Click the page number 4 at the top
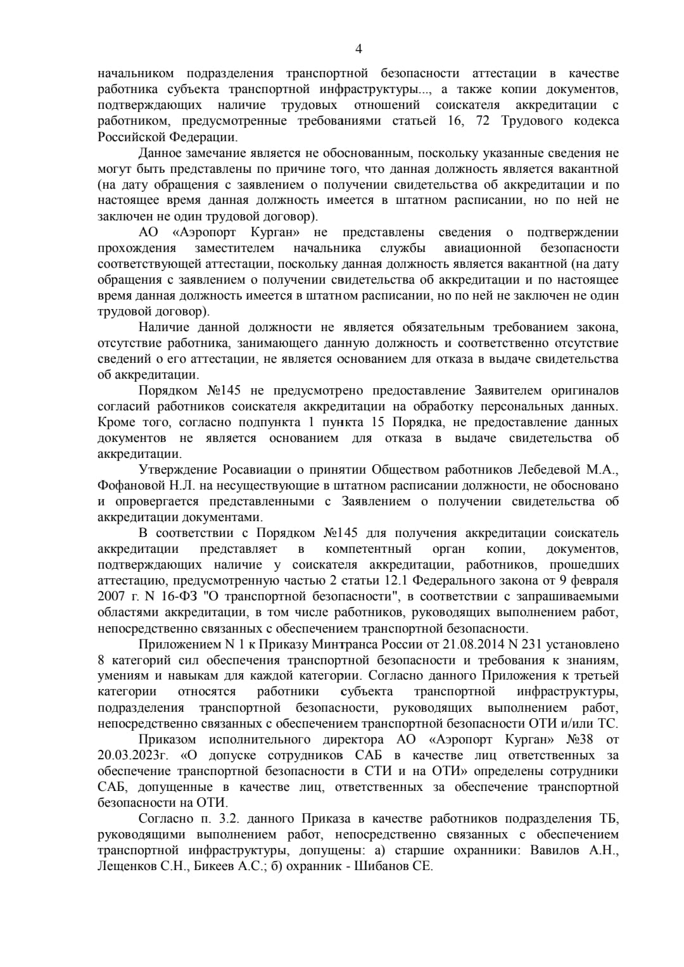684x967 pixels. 359,49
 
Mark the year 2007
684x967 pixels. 111,597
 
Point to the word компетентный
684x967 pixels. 369,549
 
